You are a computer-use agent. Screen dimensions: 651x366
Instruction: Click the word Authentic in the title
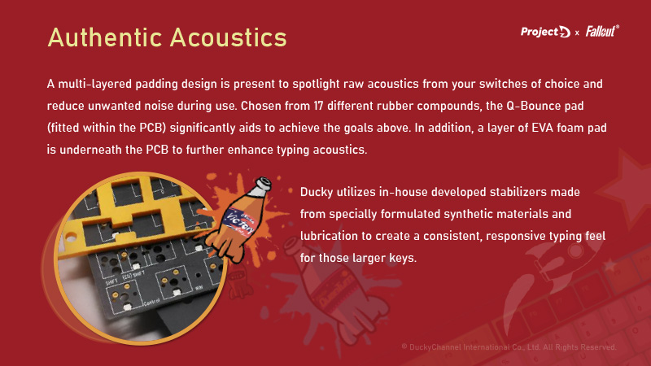tap(105, 37)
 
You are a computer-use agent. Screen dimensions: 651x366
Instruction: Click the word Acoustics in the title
tap(229, 37)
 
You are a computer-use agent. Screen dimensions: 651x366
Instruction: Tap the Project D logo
tap(545, 32)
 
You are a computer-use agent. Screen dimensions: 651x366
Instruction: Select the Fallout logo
tap(602, 31)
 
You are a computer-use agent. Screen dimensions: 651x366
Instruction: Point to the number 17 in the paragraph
tap(318, 106)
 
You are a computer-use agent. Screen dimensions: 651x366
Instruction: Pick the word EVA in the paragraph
tap(543, 128)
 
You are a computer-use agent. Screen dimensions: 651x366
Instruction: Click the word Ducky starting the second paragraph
tap(317, 193)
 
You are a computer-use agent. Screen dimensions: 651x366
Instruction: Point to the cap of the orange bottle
tap(262, 184)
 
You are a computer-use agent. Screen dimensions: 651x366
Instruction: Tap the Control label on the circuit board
tap(151, 302)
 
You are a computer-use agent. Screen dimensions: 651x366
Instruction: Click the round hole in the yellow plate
tap(70, 237)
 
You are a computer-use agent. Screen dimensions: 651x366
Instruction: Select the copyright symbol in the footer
tap(404, 347)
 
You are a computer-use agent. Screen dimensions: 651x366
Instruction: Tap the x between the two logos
tap(577, 33)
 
